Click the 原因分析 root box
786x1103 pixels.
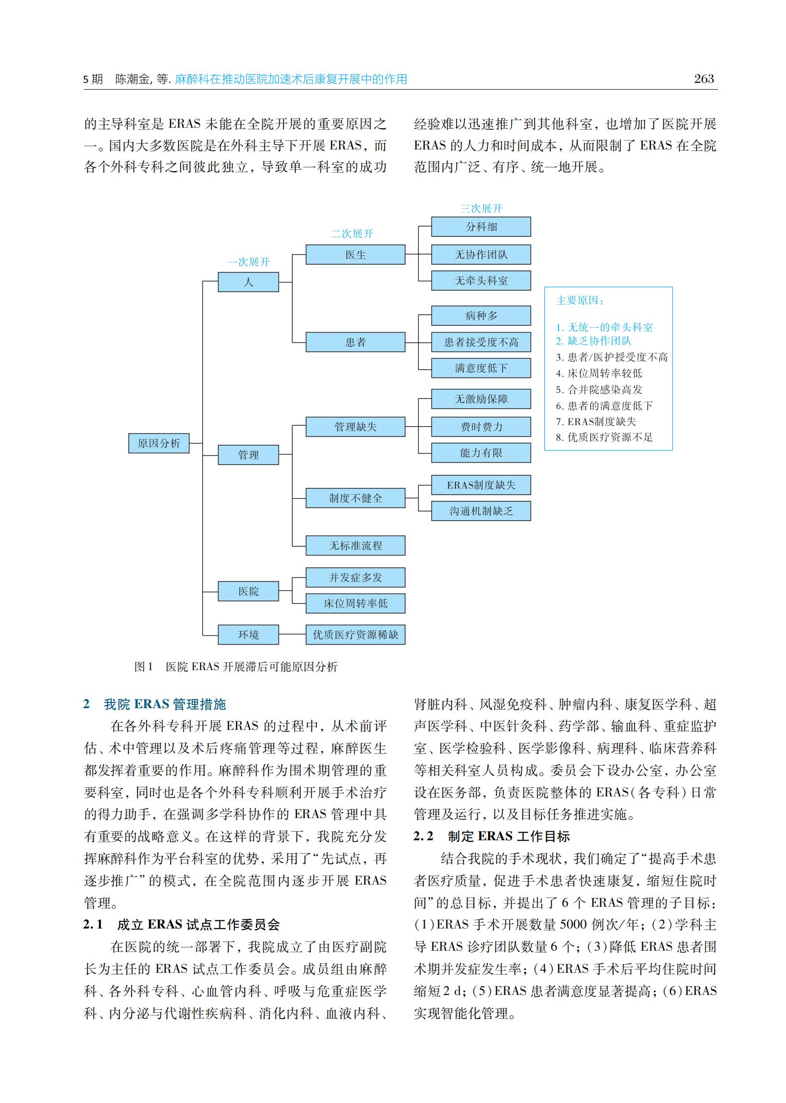coord(159,443)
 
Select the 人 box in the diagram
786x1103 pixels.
coord(248,282)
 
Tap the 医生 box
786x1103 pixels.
coord(355,255)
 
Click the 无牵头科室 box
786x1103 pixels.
coord(481,281)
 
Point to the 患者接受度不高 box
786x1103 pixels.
coord(481,342)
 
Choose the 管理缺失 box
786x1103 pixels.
coord(355,427)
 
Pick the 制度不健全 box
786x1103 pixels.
coord(355,498)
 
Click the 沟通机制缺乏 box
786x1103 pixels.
coord(481,511)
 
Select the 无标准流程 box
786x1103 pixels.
coord(355,546)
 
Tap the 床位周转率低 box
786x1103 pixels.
coord(355,603)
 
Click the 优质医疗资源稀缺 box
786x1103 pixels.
coord(355,635)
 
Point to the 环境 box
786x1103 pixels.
coord(248,635)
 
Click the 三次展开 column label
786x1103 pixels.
coord(481,209)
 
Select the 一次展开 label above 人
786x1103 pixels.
coord(248,262)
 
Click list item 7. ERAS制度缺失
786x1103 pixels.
coord(596,421)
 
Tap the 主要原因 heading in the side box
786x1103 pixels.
coord(580,300)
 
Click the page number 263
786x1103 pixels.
coord(704,79)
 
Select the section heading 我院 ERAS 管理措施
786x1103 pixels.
coord(164,704)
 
